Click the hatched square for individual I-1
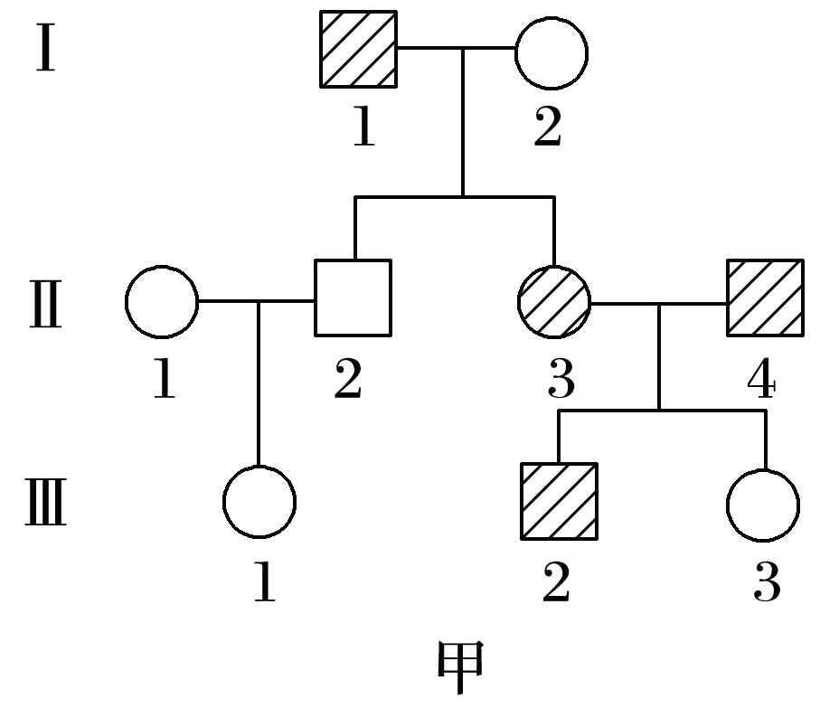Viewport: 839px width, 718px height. pyautogui.click(x=359, y=50)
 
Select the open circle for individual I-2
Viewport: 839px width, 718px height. pyautogui.click(x=551, y=52)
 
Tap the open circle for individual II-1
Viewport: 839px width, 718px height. pyautogui.click(x=161, y=301)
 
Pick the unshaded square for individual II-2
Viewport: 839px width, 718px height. pyautogui.click(x=353, y=298)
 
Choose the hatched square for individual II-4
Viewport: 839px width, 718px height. pyautogui.click(x=765, y=298)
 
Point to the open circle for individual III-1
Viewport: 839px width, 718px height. pyautogui.click(x=259, y=502)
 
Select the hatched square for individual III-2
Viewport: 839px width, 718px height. pyautogui.click(x=559, y=501)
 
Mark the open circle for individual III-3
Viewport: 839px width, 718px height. pyautogui.click(x=762, y=503)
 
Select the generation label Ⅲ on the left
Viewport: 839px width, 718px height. pyautogui.click(x=44, y=505)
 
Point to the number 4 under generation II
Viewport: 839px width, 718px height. pyautogui.click(x=761, y=381)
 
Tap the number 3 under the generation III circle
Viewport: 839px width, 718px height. pyautogui.click(x=767, y=583)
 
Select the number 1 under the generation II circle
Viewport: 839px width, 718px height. pyautogui.click(x=164, y=381)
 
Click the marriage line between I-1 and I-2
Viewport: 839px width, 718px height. pyautogui.click(x=456, y=49)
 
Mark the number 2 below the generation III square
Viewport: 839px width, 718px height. pyautogui.click(x=556, y=583)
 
